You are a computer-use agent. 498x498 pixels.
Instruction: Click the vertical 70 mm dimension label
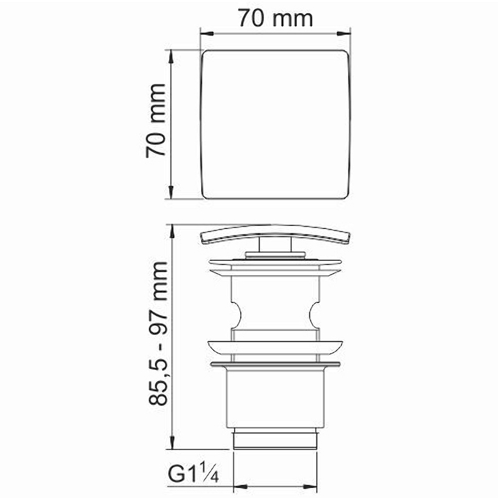pyautogui.click(x=156, y=121)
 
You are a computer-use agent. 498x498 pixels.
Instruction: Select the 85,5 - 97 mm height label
pyautogui.click(x=158, y=333)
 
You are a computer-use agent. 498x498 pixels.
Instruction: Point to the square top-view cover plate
pyautogui.click(x=275, y=125)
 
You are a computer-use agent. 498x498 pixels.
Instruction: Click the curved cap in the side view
pyautogui.click(x=275, y=234)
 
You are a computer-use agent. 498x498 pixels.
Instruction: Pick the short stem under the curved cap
pyautogui.click(x=275, y=245)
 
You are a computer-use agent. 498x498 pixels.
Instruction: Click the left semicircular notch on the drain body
pyautogui.click(x=237, y=315)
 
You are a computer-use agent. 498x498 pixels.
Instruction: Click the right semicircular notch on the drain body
pyautogui.click(x=314, y=315)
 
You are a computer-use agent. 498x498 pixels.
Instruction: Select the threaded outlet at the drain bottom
pyautogui.click(x=275, y=439)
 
